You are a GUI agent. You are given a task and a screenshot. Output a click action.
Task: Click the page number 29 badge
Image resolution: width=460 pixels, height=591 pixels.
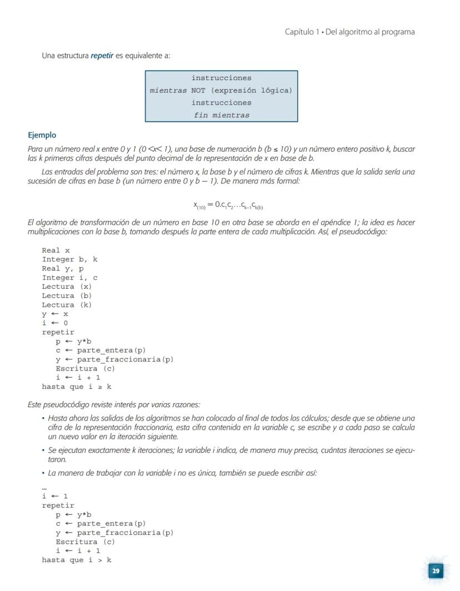[x=436, y=570]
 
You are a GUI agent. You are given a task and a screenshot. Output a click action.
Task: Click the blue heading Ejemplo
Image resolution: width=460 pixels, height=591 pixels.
[x=42, y=136]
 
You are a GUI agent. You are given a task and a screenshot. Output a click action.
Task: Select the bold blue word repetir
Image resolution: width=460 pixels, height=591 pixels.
[x=102, y=56]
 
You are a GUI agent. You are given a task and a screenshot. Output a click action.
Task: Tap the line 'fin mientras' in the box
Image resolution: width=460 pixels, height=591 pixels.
[x=221, y=115]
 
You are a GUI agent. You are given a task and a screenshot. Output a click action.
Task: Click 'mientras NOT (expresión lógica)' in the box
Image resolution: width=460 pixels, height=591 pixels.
[x=221, y=90]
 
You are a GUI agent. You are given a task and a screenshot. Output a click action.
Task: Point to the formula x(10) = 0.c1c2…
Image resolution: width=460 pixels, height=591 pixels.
[x=228, y=206]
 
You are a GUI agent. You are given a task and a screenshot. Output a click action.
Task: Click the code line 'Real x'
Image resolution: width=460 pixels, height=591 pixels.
[x=56, y=251]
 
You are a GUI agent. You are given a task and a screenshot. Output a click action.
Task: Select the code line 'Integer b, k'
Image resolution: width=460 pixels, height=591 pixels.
[x=69, y=259]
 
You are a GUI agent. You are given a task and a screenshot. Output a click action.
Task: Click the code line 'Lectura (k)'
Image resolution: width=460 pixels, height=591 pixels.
[x=67, y=305]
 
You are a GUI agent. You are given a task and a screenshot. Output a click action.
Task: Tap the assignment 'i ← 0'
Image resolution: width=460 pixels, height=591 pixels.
[x=54, y=323]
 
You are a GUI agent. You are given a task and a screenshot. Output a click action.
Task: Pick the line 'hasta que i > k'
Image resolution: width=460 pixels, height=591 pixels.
[x=76, y=560]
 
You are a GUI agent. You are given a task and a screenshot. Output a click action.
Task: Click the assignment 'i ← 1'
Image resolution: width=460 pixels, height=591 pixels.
[x=54, y=496]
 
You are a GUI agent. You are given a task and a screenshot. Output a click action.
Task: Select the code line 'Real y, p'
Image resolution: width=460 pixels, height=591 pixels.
[x=63, y=269]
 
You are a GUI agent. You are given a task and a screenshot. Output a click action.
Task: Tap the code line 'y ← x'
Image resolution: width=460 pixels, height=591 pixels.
[x=54, y=314]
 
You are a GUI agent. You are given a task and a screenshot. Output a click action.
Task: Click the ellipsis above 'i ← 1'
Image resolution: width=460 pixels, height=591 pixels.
[x=44, y=488]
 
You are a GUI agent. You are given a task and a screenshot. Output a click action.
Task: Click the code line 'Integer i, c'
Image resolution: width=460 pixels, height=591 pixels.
[x=69, y=278]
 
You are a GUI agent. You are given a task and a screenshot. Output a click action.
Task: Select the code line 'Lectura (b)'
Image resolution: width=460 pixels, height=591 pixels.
[x=67, y=296]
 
